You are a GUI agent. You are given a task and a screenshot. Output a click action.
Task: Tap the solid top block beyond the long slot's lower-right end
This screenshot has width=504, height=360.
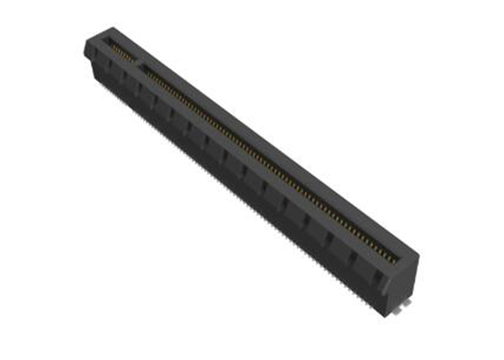tap(405, 256)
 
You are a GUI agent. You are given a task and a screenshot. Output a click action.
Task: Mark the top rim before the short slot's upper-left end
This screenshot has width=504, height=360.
tap(101, 39)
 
